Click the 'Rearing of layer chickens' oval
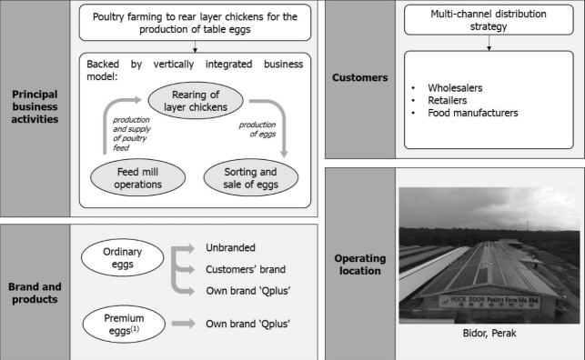coord(196,101)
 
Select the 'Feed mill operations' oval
coord(137,178)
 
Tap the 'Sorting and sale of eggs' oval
coord(251,178)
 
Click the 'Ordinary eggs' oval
coord(123,257)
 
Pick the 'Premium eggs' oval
coord(124,324)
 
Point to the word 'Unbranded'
coord(230,247)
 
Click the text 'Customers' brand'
coord(246,269)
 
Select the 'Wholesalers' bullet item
coord(455,88)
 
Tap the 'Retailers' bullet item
coord(447,100)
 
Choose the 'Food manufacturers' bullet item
coord(473,113)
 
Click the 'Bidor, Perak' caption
coord(489,333)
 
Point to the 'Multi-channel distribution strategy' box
coord(489,20)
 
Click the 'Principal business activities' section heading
coord(35,106)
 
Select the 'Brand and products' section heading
coord(35,293)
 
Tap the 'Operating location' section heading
coord(360,265)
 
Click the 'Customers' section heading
coord(360,77)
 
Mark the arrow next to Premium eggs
coord(183,323)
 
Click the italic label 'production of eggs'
coord(257,129)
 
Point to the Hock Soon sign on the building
coord(489,302)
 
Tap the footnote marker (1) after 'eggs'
coord(135,329)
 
